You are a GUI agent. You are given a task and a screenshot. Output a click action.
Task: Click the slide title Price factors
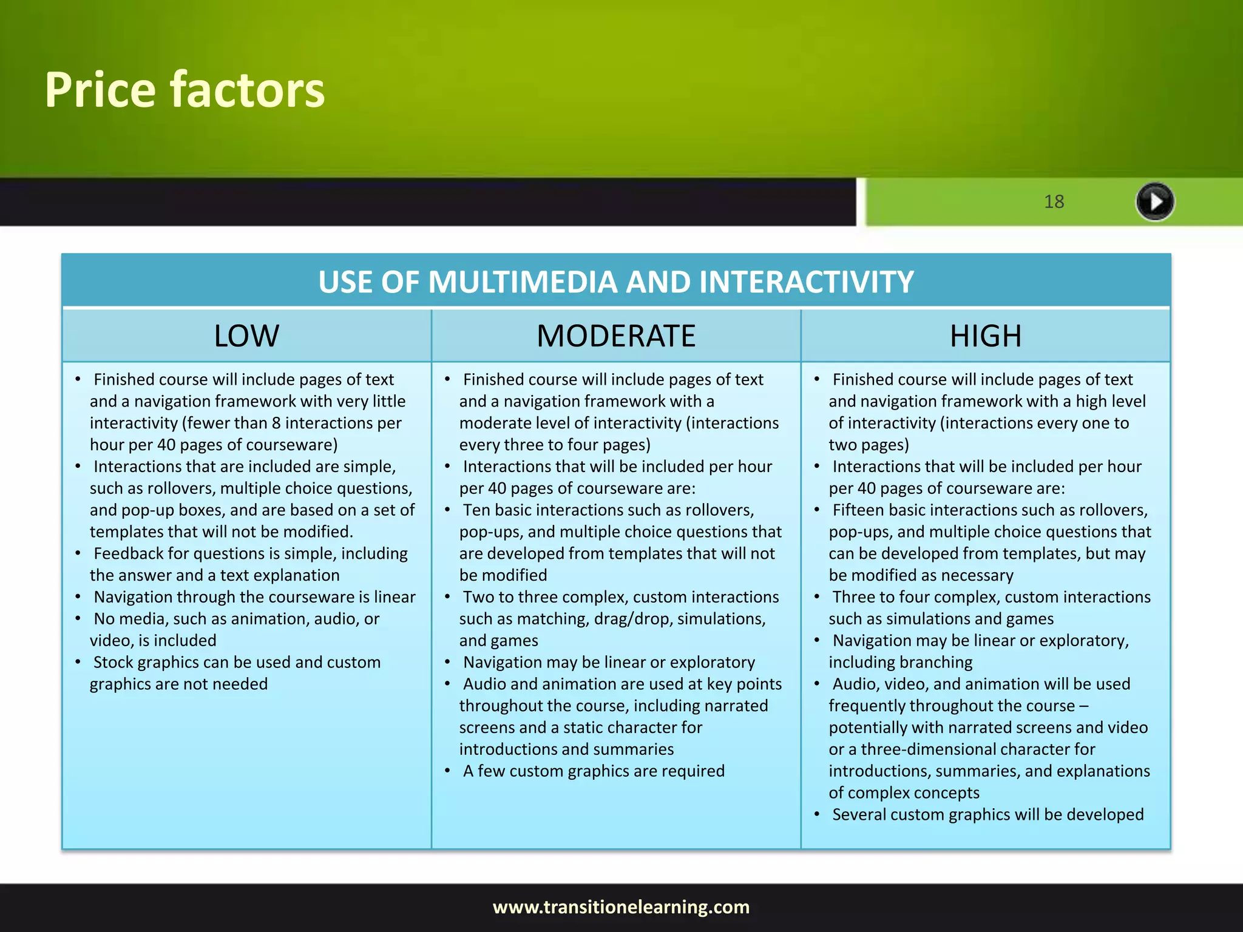[185, 90]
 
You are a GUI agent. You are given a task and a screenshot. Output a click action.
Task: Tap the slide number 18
[1054, 201]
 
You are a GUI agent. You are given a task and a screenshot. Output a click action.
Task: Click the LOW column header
[246, 336]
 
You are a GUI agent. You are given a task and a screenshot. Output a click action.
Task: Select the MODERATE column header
[615, 336]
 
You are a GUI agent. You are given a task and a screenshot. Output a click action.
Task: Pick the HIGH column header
[985, 336]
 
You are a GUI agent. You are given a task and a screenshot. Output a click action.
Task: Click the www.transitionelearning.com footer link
[621, 907]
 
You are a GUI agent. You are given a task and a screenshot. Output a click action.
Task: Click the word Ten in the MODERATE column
[476, 510]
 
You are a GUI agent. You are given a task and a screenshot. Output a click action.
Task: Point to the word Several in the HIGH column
[858, 814]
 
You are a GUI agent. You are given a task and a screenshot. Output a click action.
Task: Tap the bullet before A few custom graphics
[447, 771]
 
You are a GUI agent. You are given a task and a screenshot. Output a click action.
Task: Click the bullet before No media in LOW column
[78, 619]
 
